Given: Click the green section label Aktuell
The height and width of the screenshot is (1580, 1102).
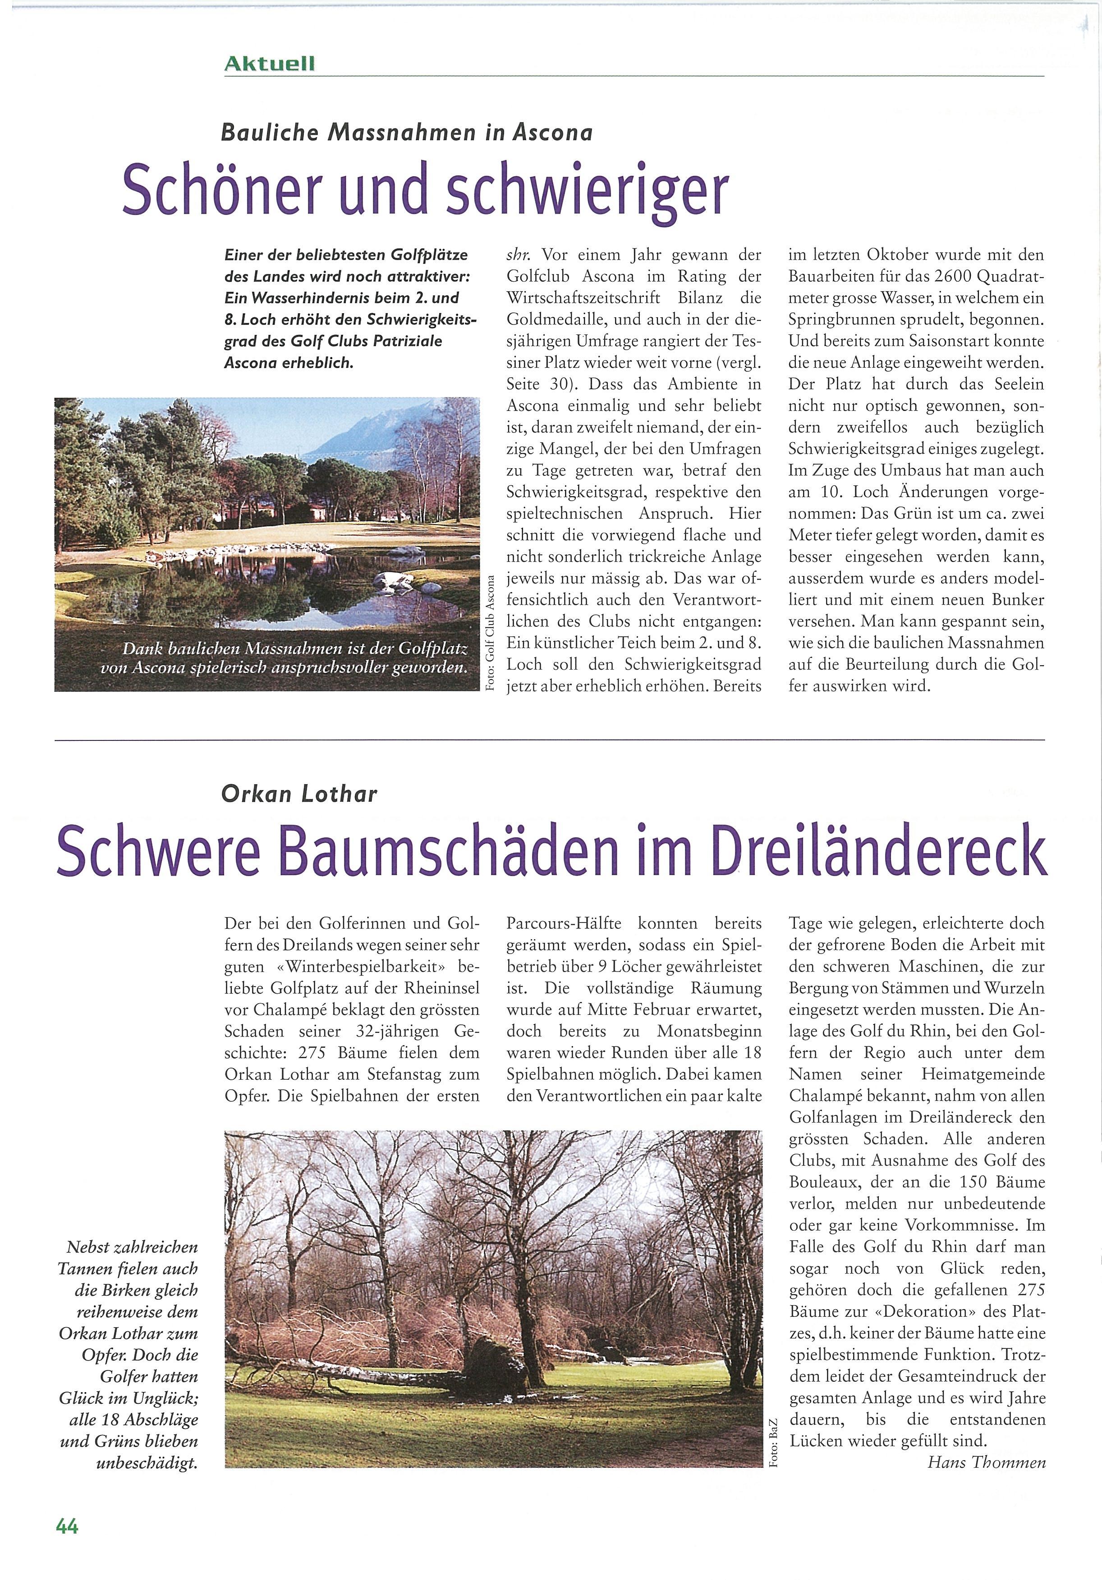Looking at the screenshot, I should (269, 64).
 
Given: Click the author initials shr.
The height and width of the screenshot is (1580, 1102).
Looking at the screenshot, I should (518, 256).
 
